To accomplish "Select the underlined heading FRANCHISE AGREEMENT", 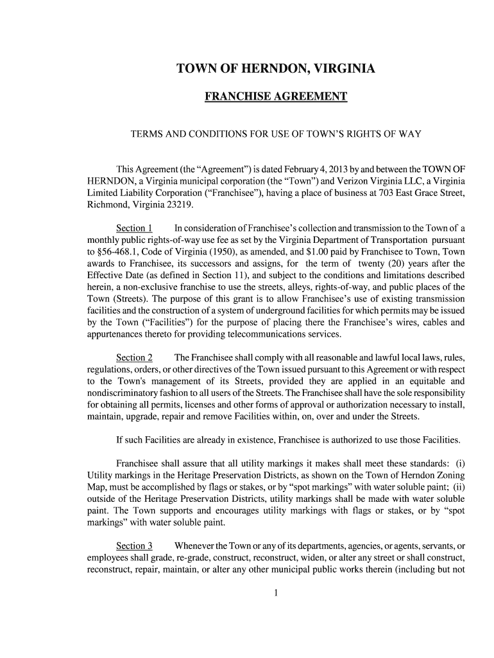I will click(276, 97).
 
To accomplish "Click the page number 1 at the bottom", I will click(275, 592).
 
